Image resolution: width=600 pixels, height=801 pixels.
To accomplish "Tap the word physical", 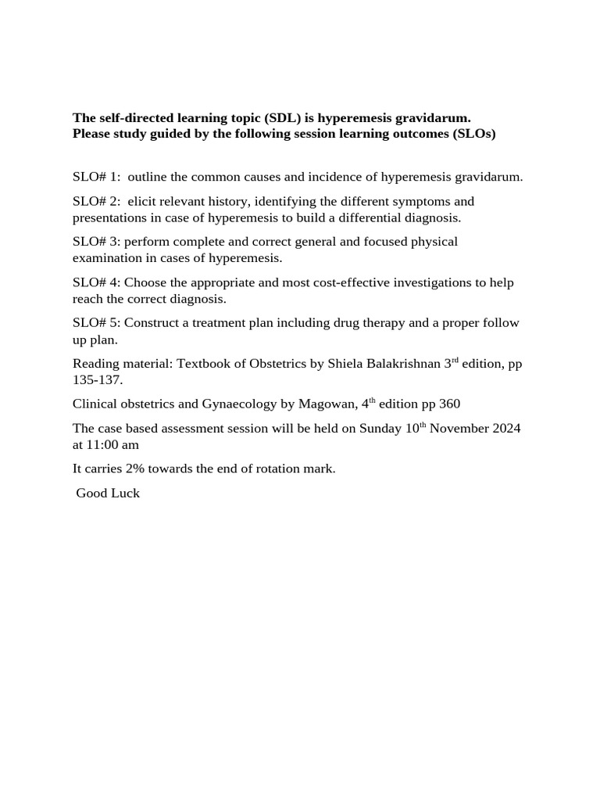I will pyautogui.click(x=434, y=242).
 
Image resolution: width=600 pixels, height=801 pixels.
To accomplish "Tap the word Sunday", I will pyautogui.click(x=381, y=429).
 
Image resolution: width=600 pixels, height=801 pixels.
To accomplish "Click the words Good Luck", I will pyautogui.click(x=108, y=494).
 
